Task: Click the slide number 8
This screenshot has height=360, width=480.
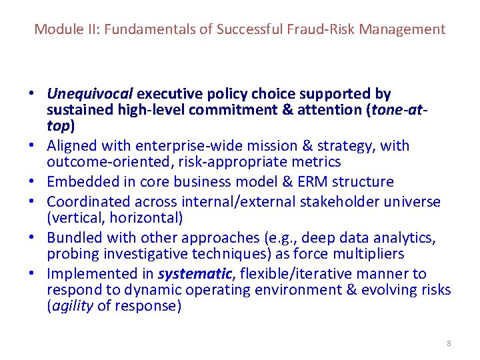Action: tap(449, 343)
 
